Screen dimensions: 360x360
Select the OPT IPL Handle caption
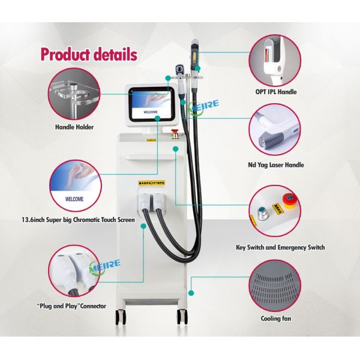[x=276, y=92]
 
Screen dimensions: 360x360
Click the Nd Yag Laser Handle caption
[x=276, y=164]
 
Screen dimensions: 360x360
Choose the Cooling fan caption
[x=276, y=319]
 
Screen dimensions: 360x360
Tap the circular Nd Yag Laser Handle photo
[x=276, y=131]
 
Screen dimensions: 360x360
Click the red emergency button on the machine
[x=175, y=131]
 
